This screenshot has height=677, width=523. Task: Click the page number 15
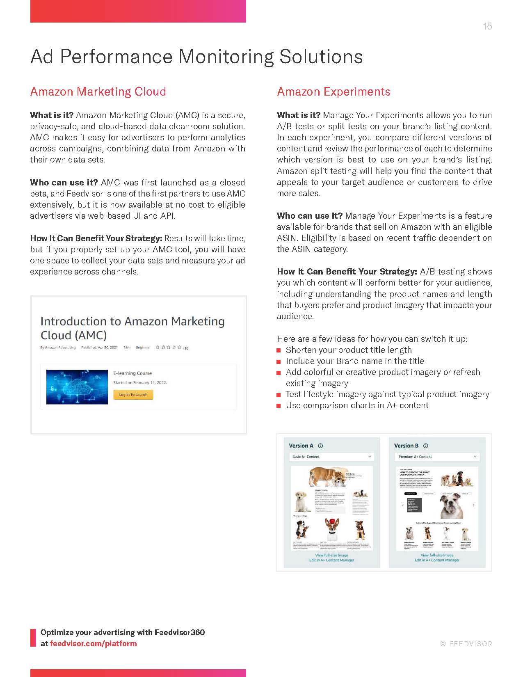click(487, 26)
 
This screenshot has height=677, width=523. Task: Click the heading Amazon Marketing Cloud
click(98, 91)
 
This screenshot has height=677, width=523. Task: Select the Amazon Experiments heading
click(333, 91)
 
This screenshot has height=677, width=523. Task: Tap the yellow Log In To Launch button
click(133, 395)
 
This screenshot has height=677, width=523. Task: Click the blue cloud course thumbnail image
click(77, 387)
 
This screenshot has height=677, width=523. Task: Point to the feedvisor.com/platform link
click(93, 643)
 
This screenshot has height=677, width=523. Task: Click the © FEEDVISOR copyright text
click(466, 644)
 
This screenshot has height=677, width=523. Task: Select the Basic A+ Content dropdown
click(331, 457)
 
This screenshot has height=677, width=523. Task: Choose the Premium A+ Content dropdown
click(436, 457)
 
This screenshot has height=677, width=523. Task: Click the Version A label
click(301, 446)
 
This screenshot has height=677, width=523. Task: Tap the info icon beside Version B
click(425, 446)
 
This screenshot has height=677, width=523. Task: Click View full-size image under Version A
click(331, 555)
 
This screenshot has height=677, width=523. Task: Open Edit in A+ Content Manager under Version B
click(437, 560)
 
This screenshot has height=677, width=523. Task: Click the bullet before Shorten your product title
click(279, 350)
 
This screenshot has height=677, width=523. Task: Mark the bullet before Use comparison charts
click(279, 406)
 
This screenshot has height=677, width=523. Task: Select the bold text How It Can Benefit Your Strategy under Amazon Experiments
click(347, 272)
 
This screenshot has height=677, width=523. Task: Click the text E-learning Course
click(132, 373)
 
